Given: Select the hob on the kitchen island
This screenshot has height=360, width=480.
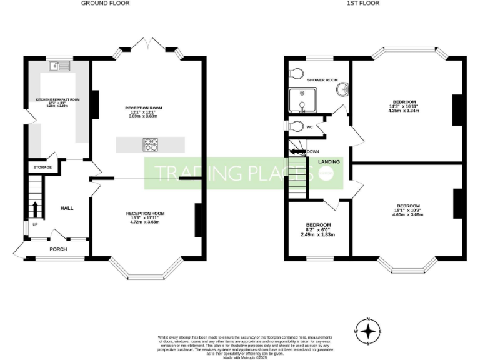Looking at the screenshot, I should [151, 144].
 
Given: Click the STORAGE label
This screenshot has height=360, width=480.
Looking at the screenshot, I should [42, 167].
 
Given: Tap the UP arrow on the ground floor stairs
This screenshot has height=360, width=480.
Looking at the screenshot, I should [34, 209].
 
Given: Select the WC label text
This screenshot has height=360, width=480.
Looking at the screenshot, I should [309, 127].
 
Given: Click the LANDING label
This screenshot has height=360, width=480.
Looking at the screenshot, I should [329, 162].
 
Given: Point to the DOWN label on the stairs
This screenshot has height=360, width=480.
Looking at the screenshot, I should [312, 151].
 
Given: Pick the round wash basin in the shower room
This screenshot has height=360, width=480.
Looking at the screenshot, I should [342, 91].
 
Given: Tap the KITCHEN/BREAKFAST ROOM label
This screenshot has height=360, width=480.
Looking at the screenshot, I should [57, 99].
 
